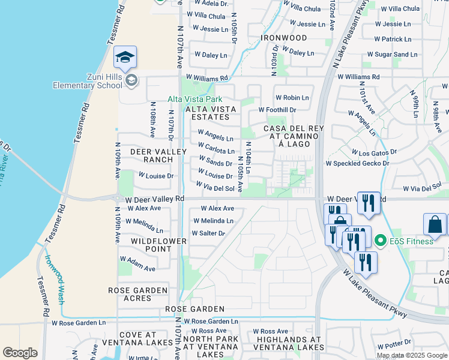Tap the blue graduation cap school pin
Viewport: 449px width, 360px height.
126,58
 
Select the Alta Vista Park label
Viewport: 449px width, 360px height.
195,99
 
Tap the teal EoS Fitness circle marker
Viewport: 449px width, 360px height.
379,241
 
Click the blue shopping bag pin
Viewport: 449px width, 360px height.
435,224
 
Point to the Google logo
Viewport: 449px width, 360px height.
20,353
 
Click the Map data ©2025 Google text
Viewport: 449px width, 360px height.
411,355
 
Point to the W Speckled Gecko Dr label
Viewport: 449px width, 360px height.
357,163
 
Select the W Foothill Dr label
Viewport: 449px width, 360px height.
277,110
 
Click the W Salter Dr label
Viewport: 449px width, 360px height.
208,233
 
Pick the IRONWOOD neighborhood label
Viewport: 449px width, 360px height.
284,38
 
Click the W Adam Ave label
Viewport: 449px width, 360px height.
137,264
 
